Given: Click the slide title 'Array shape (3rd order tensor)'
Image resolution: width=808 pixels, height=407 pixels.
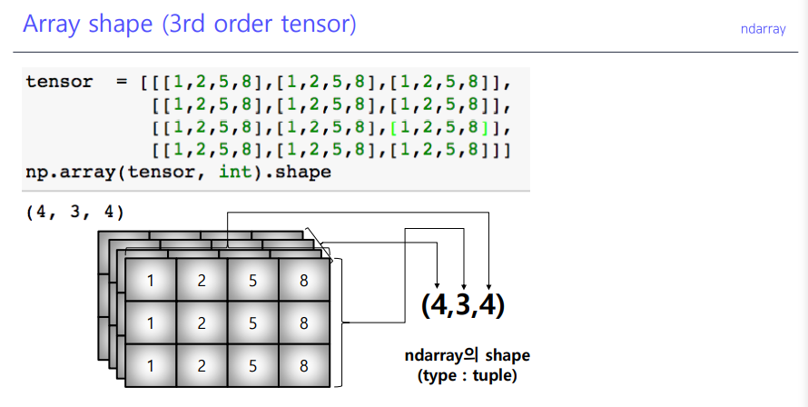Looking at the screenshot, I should [189, 25].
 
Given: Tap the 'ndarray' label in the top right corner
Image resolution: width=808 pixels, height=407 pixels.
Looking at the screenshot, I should [764, 29].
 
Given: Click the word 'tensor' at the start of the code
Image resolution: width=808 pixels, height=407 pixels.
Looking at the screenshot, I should [59, 82].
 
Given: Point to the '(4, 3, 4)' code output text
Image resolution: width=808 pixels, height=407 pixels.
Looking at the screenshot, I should [74, 213].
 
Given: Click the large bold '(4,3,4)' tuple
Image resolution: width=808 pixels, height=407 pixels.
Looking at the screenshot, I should [462, 304].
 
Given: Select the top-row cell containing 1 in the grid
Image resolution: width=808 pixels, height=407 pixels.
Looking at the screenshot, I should [151, 281].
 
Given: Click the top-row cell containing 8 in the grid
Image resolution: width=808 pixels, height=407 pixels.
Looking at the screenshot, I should [303, 281].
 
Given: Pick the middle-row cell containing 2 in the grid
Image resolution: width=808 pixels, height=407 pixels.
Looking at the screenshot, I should [202, 323].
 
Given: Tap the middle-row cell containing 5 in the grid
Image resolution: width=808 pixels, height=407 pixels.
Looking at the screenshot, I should [252, 323].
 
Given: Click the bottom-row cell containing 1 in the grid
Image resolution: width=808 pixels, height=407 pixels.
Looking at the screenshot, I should [151, 365].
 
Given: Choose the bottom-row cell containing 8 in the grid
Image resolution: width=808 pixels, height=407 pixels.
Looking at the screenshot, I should [303, 365].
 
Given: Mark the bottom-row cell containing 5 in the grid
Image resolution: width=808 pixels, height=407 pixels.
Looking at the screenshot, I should [252, 365].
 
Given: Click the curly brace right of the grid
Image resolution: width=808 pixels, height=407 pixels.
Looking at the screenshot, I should [340, 322].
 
